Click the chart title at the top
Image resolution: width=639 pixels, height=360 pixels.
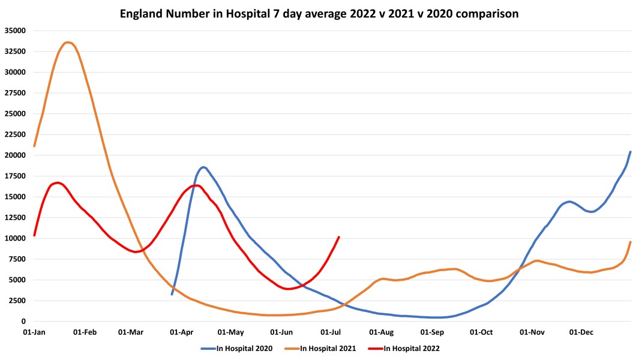(320, 13)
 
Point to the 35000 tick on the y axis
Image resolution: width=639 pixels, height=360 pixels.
(14, 31)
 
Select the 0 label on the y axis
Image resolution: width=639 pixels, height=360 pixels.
(23, 322)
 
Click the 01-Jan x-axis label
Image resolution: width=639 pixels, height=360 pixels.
(34, 332)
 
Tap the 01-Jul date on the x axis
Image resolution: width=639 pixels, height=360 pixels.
(332, 332)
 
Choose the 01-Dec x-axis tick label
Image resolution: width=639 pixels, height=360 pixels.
(581, 332)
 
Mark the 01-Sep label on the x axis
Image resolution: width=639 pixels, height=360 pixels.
(432, 332)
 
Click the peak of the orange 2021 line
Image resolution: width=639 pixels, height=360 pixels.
(68, 43)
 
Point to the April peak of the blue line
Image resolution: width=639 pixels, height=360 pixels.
(203, 167)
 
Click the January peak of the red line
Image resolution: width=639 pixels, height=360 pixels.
(57, 182)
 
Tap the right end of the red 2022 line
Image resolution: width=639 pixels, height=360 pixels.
(339, 237)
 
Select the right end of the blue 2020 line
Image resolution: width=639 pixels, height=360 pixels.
(630, 152)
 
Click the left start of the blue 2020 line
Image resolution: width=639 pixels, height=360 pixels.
(172, 294)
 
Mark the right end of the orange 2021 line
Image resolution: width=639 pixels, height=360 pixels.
(630, 242)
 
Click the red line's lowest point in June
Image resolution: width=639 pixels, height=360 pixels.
(289, 289)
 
